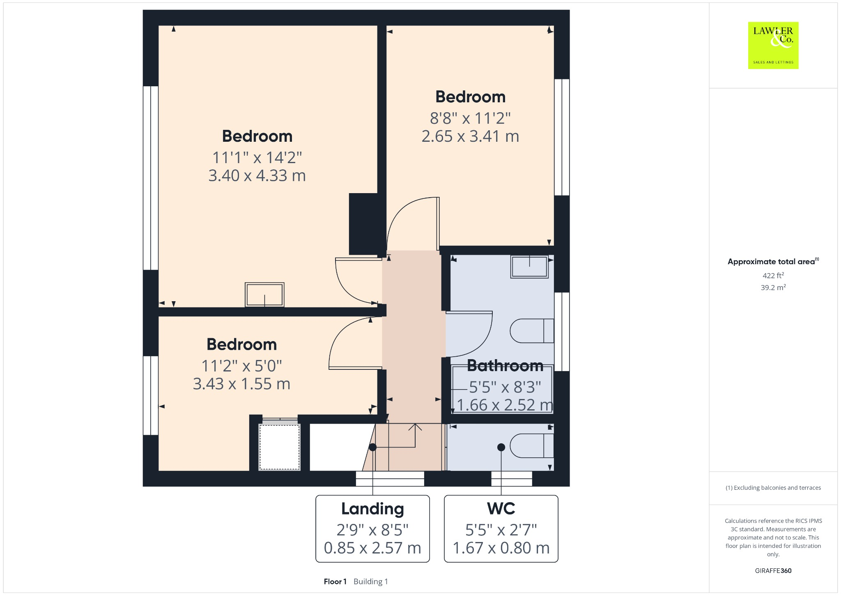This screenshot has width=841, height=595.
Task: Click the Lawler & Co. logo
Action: click(x=773, y=45)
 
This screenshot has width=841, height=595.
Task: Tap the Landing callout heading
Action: click(x=372, y=509)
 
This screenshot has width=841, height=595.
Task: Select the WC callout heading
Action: click(x=501, y=509)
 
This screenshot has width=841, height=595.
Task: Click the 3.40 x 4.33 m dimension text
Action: click(x=257, y=176)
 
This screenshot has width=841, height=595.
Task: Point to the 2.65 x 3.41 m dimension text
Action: click(x=470, y=136)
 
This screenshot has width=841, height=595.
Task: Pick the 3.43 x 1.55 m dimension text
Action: click(x=241, y=384)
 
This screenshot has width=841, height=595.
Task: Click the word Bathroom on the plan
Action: click(x=505, y=365)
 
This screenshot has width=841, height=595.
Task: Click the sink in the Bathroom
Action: click(x=529, y=267)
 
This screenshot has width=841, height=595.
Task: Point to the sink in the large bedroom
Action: click(x=264, y=294)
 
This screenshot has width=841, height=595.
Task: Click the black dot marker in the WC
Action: click(x=501, y=447)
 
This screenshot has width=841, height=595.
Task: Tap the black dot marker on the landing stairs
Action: click(x=372, y=447)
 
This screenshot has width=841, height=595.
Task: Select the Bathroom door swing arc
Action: click(x=476, y=337)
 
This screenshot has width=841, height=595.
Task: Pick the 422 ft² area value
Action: click(x=773, y=275)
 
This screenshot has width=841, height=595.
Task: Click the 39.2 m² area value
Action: click(x=773, y=288)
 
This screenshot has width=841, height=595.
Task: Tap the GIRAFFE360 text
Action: click(x=773, y=570)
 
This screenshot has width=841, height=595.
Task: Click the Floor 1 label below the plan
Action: click(x=335, y=581)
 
